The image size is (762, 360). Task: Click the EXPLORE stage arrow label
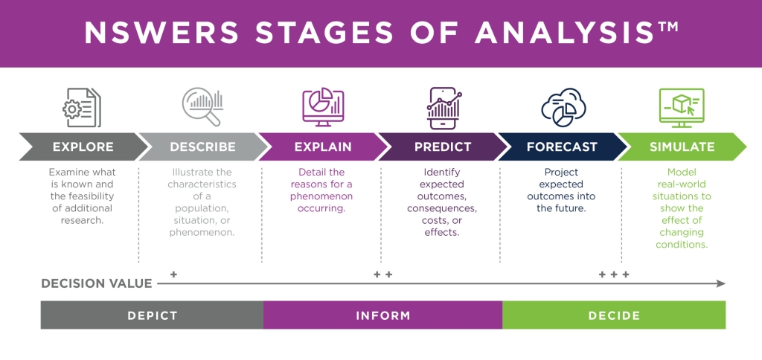pos(83,147)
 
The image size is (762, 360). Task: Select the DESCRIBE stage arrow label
pos(202,147)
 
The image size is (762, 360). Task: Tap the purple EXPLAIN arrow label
pos(323,147)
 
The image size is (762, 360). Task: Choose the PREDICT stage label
pos(443,147)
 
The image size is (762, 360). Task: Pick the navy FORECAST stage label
pos(562,147)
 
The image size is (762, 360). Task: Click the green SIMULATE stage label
pos(682,147)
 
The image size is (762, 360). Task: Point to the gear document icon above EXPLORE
pos(82,107)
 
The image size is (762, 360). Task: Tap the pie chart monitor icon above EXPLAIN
pos(323,107)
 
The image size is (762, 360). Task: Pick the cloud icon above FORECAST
pos(563,107)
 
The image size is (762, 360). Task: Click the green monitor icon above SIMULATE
pos(682,108)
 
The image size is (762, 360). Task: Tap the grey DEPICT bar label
pos(153,316)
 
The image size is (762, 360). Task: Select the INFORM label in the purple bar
pos(383,316)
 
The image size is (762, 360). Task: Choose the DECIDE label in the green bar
pos(614,316)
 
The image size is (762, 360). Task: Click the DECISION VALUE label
pos(97,283)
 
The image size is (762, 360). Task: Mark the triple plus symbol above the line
pos(614,274)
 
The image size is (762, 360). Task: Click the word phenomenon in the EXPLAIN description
pos(321,196)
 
